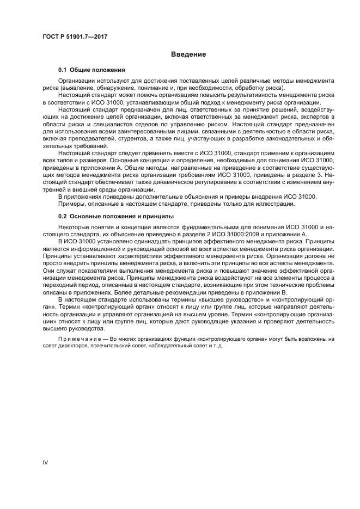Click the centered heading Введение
tap(188, 54)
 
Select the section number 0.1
tap(63, 70)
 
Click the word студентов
tap(127, 145)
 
